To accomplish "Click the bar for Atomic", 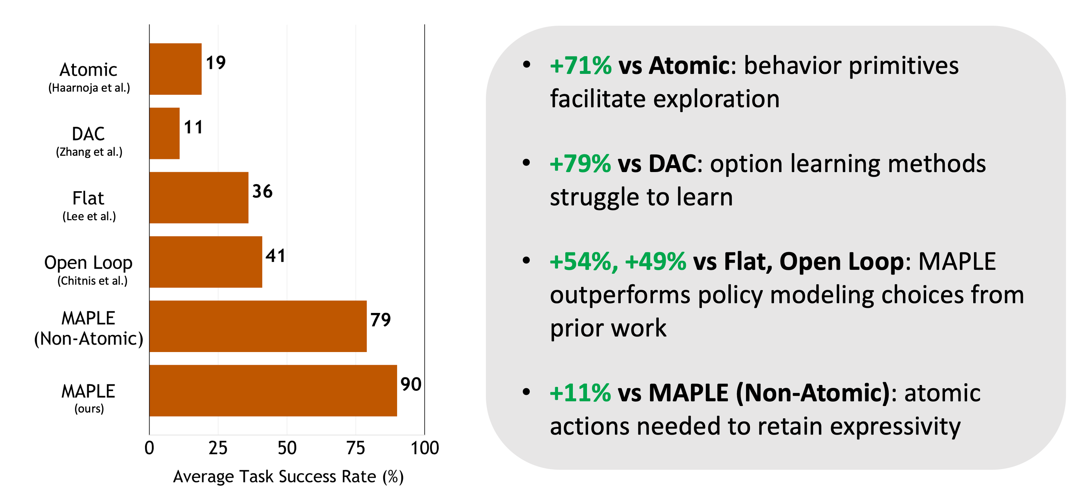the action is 175,69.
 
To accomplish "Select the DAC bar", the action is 164,133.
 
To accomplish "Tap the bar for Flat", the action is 199,197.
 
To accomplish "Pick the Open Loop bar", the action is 206,262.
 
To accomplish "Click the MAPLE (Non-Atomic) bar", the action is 258,326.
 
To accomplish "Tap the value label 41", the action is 275,256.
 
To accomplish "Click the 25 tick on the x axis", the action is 218,448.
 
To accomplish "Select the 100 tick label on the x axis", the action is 425,448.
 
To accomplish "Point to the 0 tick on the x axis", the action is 149,448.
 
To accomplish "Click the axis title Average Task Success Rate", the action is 274,477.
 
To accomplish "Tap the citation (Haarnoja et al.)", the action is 89,88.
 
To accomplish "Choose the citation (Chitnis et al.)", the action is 92,280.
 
